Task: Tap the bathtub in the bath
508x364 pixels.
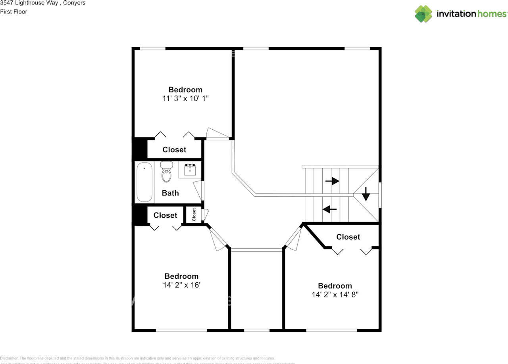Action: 144,182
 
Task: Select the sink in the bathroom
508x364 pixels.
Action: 190,170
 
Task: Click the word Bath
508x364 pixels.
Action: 170,193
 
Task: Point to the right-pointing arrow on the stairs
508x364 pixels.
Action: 332,181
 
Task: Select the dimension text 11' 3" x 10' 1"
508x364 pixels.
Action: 185,98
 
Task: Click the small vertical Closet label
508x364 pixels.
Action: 194,215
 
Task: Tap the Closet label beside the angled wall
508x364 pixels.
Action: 348,237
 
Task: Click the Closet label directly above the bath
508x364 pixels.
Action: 174,149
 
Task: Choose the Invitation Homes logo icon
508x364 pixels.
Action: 423,14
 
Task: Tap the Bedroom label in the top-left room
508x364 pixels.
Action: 185,90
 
